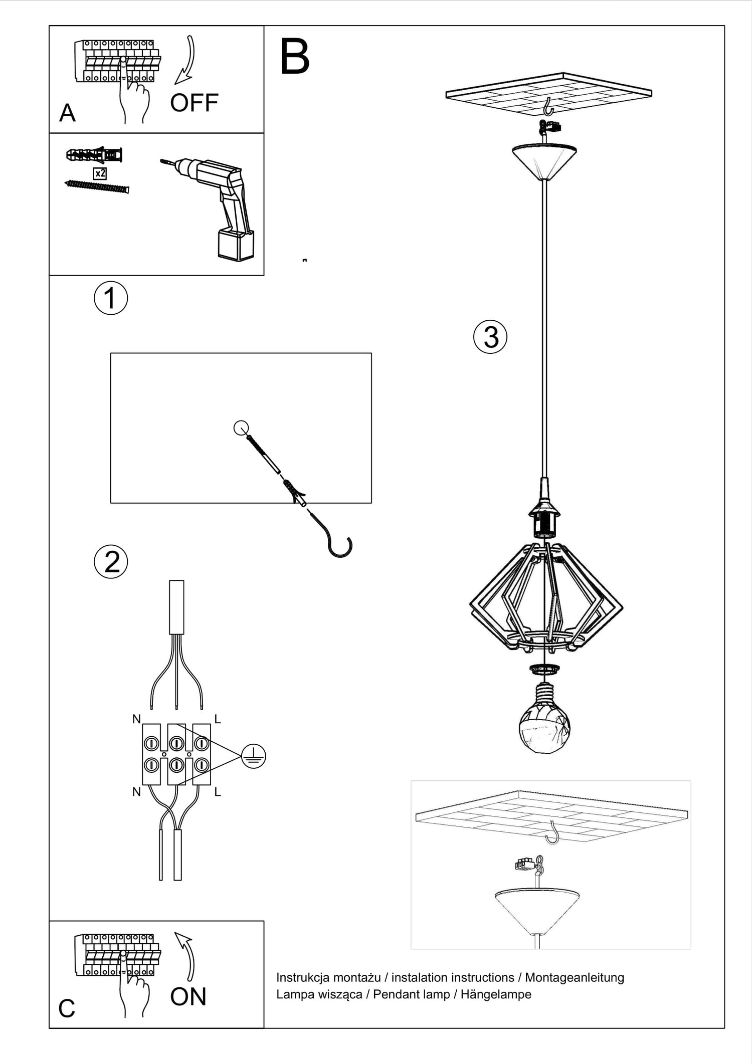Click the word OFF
point(194,103)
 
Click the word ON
point(188,997)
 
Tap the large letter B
point(295,58)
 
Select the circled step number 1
point(111,298)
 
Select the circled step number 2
point(111,562)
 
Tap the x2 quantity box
point(100,173)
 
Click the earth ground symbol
point(253,756)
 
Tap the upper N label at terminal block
point(136,719)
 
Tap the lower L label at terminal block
point(218,792)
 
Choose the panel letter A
point(67,113)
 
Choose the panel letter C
point(67,1009)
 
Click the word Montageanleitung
point(575,978)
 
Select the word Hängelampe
point(496,995)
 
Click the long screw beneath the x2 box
point(97,186)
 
